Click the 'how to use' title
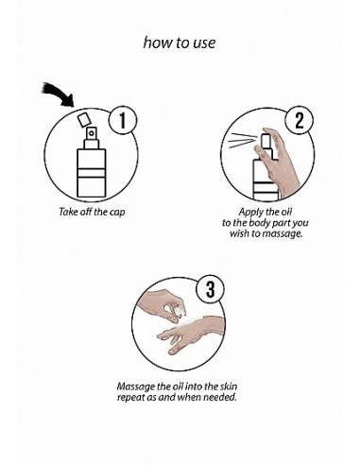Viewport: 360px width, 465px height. pyautogui.click(x=180, y=43)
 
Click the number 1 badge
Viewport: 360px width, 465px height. pyautogui.click(x=123, y=120)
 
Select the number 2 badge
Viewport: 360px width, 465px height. pyautogui.click(x=299, y=120)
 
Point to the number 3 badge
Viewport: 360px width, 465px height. pyautogui.click(x=210, y=289)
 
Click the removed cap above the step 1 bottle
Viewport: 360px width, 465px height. pyautogui.click(x=84, y=119)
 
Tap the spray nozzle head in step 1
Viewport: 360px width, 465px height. pyautogui.click(x=92, y=133)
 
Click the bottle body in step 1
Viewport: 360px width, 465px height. pyautogui.click(x=92, y=173)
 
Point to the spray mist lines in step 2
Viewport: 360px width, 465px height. pyautogui.click(x=241, y=141)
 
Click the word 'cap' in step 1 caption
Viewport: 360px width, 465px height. pyautogui.click(x=117, y=213)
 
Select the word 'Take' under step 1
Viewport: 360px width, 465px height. pyautogui.click(x=68, y=212)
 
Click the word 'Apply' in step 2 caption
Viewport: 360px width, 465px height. pyautogui.click(x=250, y=212)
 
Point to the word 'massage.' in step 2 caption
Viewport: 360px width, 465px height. pyautogui.click(x=283, y=233)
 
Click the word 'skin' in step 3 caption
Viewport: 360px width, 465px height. pyautogui.click(x=229, y=386)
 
